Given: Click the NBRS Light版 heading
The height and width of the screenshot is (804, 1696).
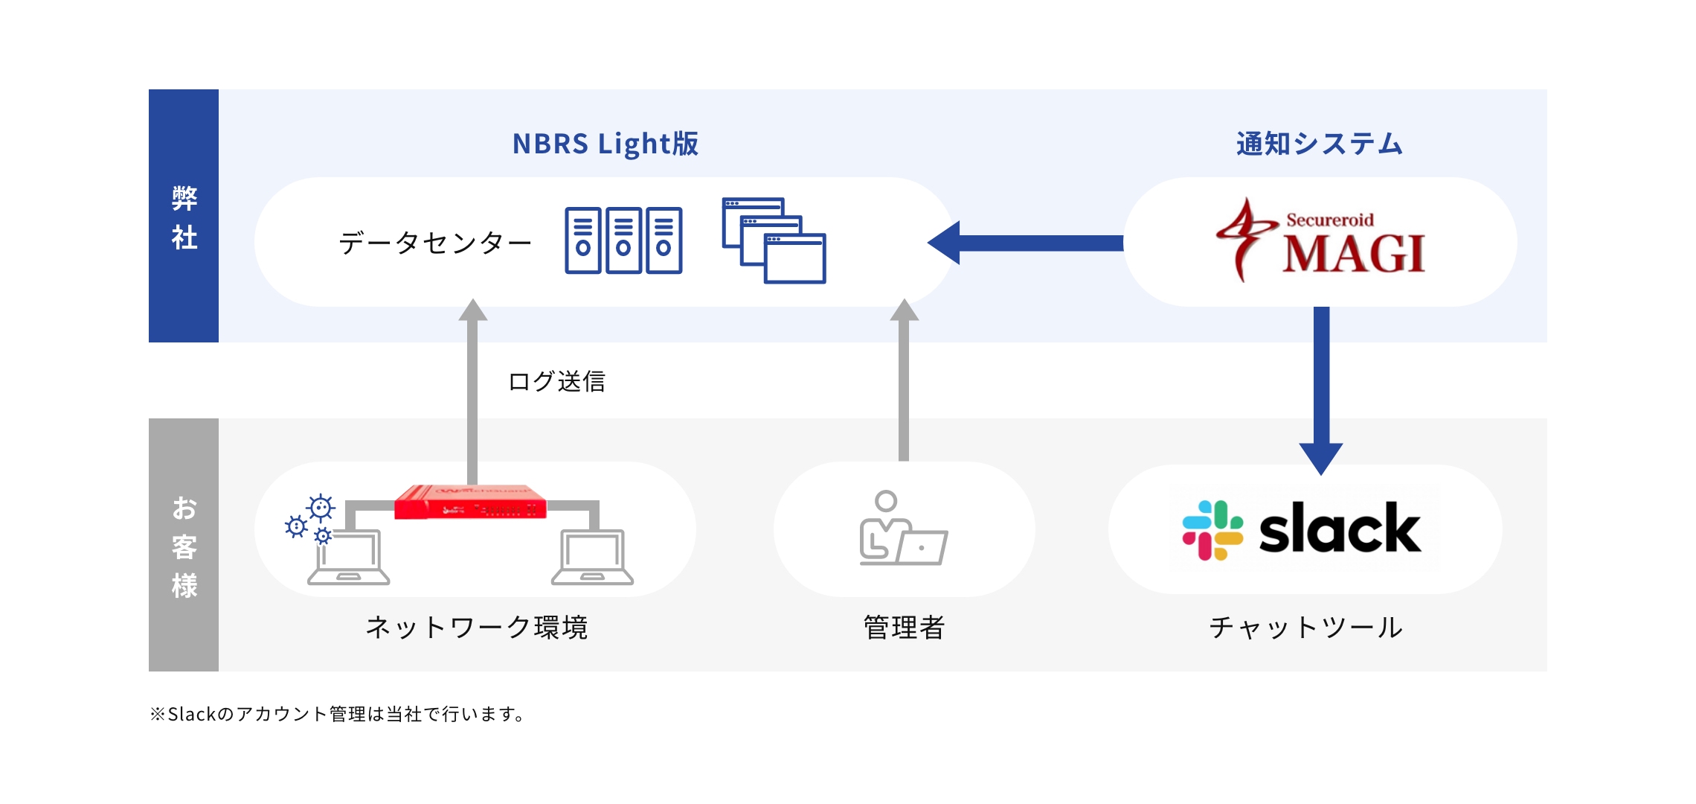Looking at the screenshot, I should click(x=605, y=144).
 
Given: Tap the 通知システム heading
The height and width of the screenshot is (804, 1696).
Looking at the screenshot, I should click(x=1319, y=144).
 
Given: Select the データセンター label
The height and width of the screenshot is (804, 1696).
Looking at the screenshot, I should click(x=435, y=243).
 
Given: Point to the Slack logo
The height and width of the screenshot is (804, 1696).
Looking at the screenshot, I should click(x=1302, y=529).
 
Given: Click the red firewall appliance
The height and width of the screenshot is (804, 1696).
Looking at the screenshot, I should click(x=470, y=502).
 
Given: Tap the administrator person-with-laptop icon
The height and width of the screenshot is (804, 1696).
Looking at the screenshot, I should click(x=902, y=529).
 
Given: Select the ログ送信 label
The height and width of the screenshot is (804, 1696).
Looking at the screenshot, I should click(x=556, y=381).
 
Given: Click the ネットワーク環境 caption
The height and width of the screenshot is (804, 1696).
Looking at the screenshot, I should click(x=477, y=628).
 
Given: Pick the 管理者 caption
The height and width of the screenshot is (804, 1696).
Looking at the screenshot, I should click(x=904, y=628).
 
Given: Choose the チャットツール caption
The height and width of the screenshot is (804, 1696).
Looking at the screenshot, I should click(x=1305, y=628).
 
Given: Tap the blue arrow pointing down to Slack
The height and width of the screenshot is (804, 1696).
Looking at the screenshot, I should click(x=1321, y=387).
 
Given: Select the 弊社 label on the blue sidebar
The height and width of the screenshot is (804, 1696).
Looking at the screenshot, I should click(x=184, y=217).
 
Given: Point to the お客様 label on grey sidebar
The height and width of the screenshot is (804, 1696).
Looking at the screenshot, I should click(x=184, y=546).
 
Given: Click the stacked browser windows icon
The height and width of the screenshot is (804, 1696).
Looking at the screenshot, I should click(x=774, y=240).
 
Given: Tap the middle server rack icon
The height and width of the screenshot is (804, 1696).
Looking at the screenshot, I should click(x=623, y=240).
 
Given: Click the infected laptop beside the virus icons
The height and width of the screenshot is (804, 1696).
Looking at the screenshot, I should click(x=348, y=557).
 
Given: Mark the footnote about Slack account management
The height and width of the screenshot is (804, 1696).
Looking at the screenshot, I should click(x=338, y=714).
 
